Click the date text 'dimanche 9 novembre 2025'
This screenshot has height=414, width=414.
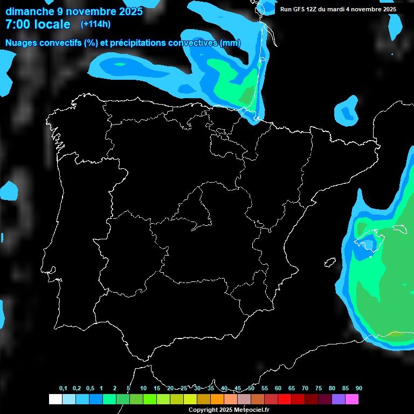(x=74, y=11)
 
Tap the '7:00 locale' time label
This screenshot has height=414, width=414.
(x=38, y=24)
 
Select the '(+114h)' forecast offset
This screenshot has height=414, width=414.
(x=95, y=24)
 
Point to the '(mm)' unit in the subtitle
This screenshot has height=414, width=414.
(x=230, y=43)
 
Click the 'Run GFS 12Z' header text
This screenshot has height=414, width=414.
(x=299, y=9)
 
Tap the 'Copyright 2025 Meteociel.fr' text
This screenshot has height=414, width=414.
(x=229, y=410)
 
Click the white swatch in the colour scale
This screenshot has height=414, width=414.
(x=55, y=399)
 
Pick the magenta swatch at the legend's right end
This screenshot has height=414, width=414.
(x=352, y=399)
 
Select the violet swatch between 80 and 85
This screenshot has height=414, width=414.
(x=339, y=399)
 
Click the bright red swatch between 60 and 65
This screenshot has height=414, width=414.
(x=285, y=399)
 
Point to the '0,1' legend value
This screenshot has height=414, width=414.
(x=63, y=389)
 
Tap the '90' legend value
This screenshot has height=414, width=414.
(x=359, y=389)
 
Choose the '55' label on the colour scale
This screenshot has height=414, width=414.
(x=265, y=389)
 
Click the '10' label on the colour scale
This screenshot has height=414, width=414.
(x=143, y=389)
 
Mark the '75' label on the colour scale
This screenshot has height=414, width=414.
(x=319, y=389)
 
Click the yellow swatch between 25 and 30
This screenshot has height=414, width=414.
(x=190, y=399)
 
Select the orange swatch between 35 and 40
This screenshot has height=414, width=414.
(x=217, y=399)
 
